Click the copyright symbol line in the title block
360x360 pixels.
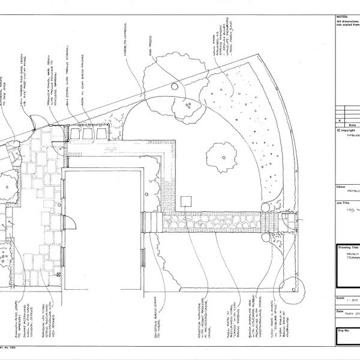pyautogui.click(x=347, y=129)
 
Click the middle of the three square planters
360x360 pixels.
pyautogui.click(x=88, y=132)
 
